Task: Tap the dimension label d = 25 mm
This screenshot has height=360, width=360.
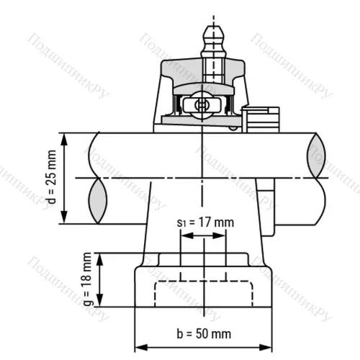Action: pos(51,178)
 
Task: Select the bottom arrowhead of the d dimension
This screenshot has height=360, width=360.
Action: pos(66,219)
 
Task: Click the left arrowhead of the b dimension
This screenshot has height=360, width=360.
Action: pos(140,344)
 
